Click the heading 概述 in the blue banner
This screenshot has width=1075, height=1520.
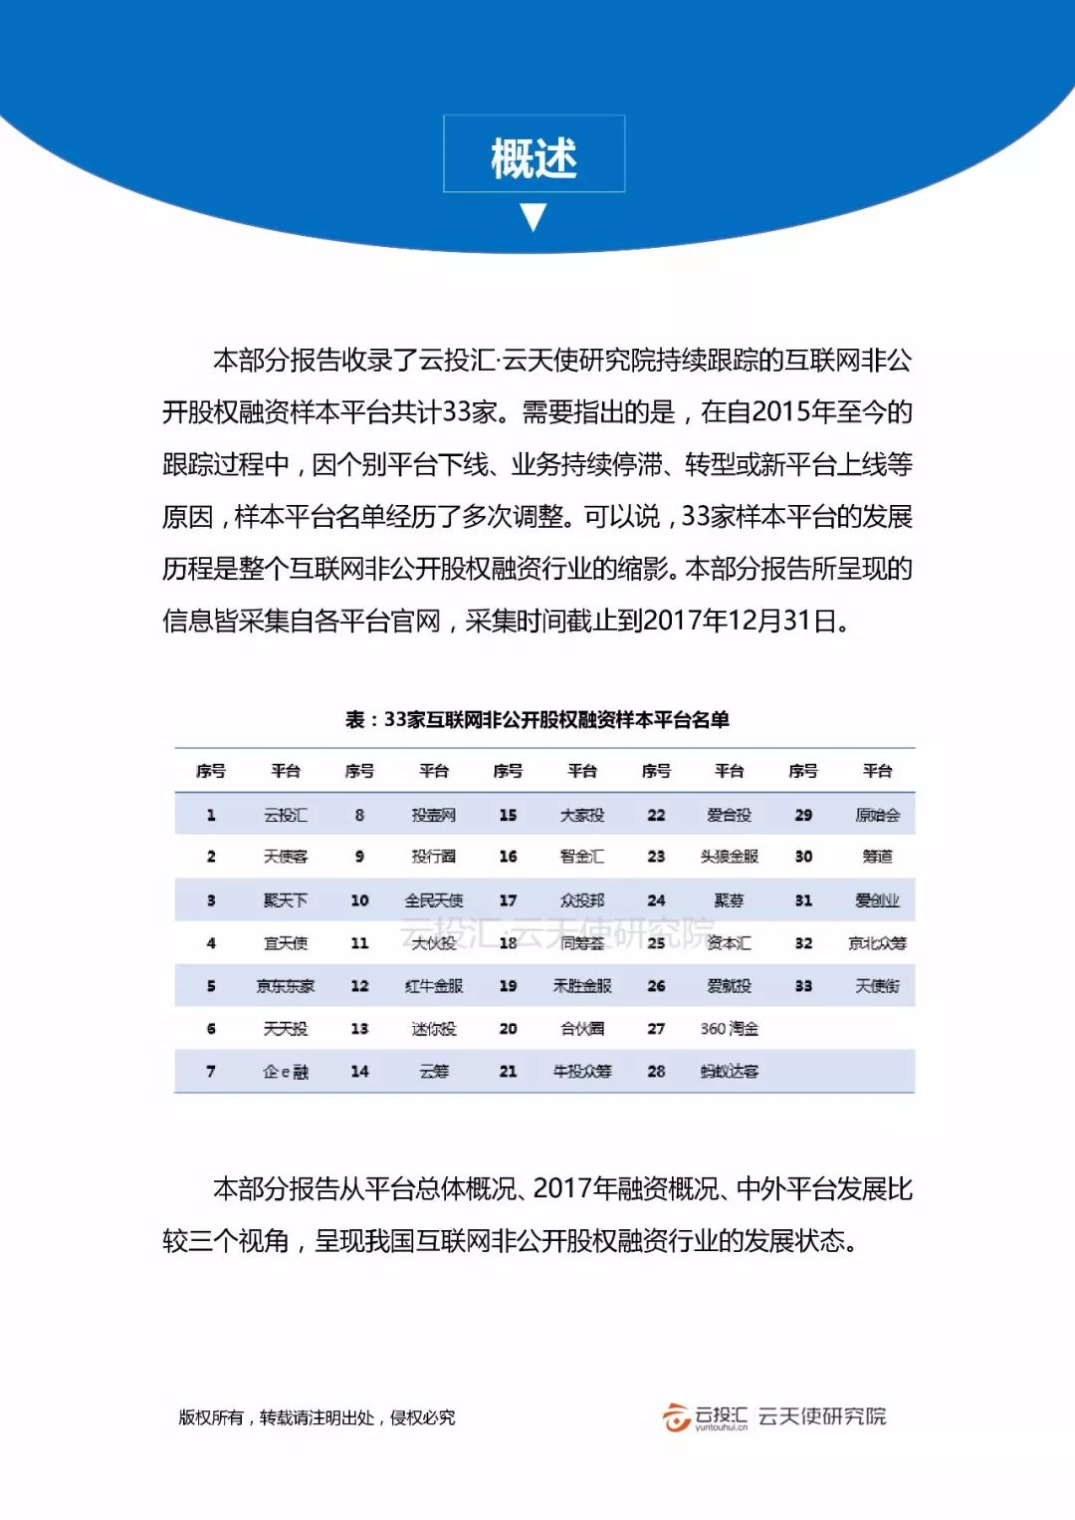[x=534, y=157]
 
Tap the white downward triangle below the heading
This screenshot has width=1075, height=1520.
[x=534, y=216]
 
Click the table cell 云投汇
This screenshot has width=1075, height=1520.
[x=286, y=815]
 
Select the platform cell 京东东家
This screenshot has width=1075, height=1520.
[x=286, y=986]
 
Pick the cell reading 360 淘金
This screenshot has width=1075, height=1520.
[x=730, y=1029]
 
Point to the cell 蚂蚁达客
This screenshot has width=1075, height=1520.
[x=730, y=1072]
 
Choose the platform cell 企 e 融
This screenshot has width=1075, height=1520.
[x=286, y=1072]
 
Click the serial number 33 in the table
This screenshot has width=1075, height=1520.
[x=803, y=986]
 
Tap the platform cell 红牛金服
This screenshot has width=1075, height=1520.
[x=434, y=986]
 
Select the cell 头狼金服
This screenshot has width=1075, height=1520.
[x=730, y=857]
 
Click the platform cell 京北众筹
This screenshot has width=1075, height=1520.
[x=877, y=943]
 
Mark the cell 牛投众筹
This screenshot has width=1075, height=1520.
[x=582, y=1072]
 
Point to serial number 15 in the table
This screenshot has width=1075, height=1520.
[x=508, y=815]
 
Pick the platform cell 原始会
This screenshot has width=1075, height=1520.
[x=877, y=815]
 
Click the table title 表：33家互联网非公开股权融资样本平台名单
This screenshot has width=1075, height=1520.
[x=537, y=719]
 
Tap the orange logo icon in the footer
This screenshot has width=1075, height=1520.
[x=677, y=1416]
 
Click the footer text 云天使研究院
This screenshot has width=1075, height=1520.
[x=822, y=1416]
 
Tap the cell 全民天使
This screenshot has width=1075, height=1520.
[x=434, y=900]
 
